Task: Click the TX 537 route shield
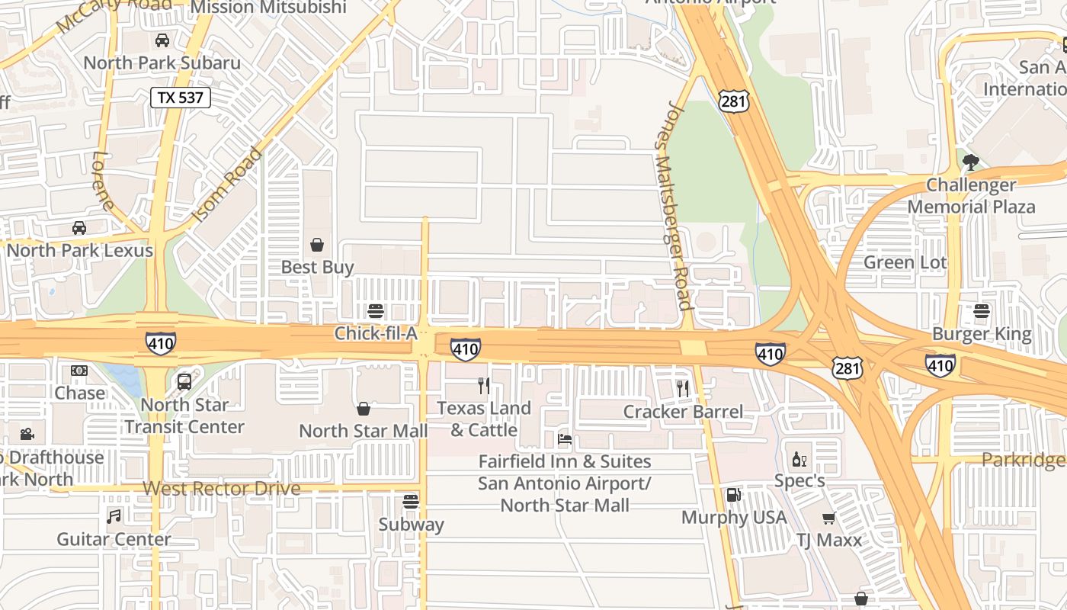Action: pyautogui.click(x=180, y=98)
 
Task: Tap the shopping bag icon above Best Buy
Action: pyautogui.click(x=317, y=245)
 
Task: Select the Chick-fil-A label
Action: pyautogui.click(x=376, y=334)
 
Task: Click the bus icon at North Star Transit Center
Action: pyautogui.click(x=184, y=382)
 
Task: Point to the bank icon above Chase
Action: pyautogui.click(x=79, y=371)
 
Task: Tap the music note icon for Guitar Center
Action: pyautogui.click(x=114, y=516)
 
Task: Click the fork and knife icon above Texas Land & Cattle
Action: pyautogui.click(x=483, y=386)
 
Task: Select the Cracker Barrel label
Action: pyautogui.click(x=683, y=412)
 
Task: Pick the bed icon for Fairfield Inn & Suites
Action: pyautogui.click(x=565, y=439)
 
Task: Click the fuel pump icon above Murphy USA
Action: pyautogui.click(x=733, y=495)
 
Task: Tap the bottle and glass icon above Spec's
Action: pyautogui.click(x=799, y=459)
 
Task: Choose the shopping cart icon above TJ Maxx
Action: pyautogui.click(x=828, y=518)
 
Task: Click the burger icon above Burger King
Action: pyautogui.click(x=981, y=311)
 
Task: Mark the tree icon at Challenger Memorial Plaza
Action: pyautogui.click(x=970, y=162)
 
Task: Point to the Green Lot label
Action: pyautogui.click(x=905, y=263)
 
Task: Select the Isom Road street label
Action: pyautogui.click(x=227, y=185)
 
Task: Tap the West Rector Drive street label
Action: pyautogui.click(x=221, y=489)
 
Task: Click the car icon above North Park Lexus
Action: pyautogui.click(x=79, y=228)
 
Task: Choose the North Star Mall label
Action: pyautogui.click(x=363, y=431)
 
